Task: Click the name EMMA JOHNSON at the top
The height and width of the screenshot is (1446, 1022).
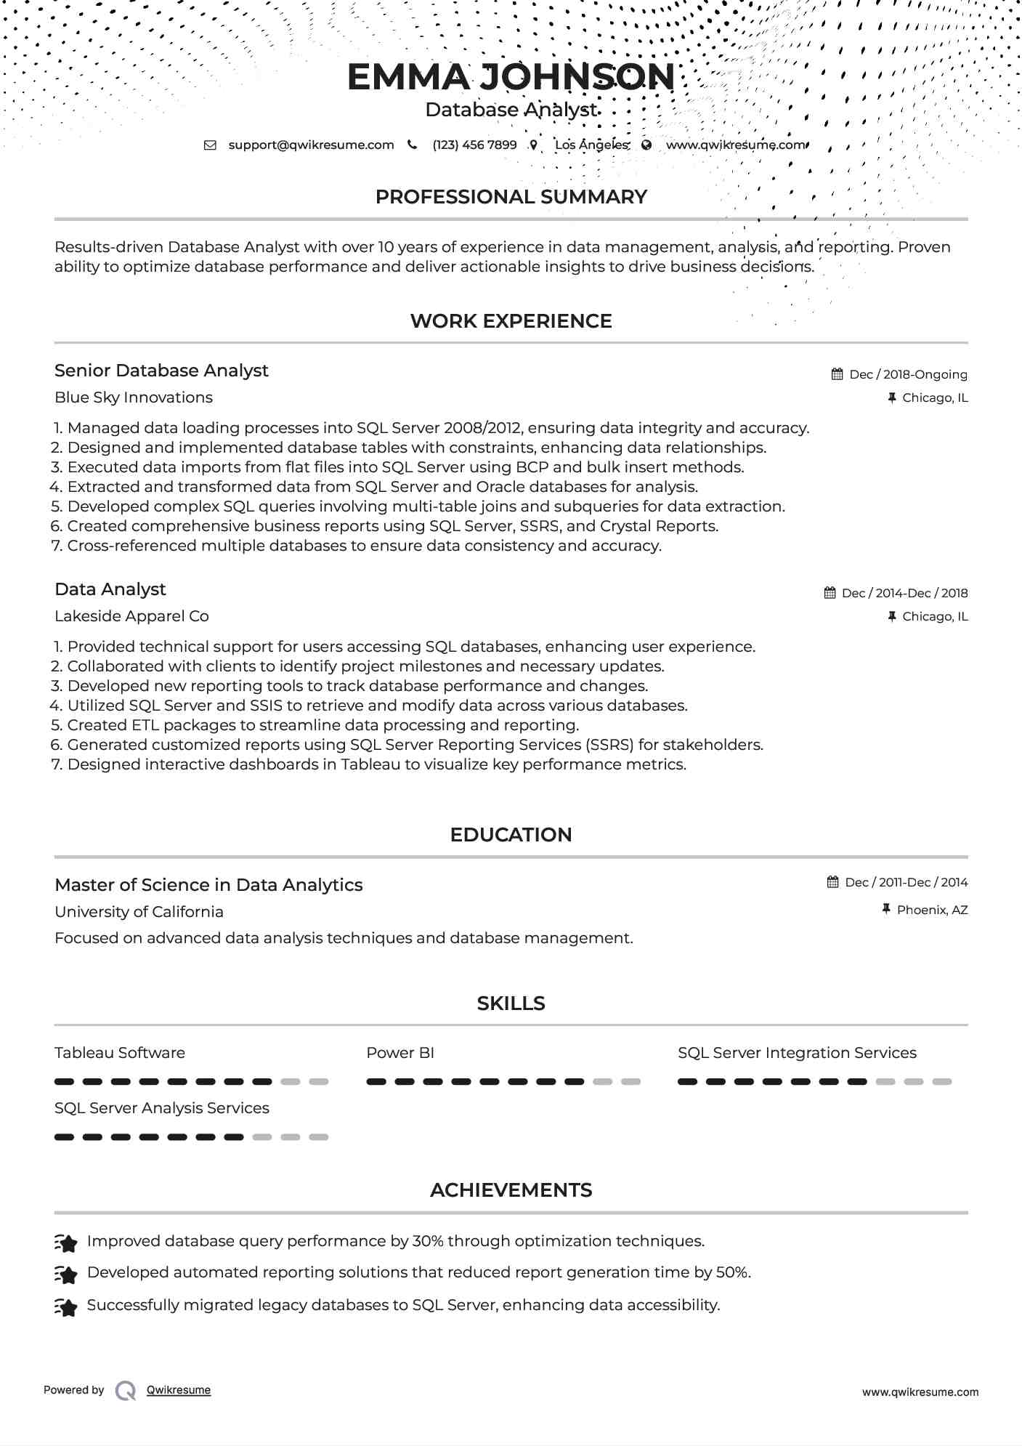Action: click(x=511, y=77)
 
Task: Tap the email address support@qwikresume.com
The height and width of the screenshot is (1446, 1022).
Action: click(x=311, y=145)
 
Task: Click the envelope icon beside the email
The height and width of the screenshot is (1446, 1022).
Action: click(x=210, y=145)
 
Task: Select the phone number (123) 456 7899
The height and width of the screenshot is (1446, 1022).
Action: click(x=474, y=145)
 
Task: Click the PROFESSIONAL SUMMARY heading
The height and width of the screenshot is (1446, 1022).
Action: click(x=511, y=197)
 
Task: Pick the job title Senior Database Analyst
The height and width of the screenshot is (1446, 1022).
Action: click(x=161, y=371)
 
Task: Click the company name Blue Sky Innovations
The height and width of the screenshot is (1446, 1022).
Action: click(x=134, y=397)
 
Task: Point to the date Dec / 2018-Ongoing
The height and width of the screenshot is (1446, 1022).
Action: click(x=908, y=375)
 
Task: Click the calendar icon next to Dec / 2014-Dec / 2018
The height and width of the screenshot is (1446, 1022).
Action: click(x=830, y=593)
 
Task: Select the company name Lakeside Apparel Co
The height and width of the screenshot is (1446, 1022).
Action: click(x=131, y=616)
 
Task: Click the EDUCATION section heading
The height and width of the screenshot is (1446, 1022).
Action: click(x=511, y=835)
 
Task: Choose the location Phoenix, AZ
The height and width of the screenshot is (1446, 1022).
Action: click(x=932, y=910)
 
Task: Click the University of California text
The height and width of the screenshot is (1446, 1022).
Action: click(x=139, y=912)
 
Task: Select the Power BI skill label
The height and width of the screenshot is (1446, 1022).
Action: click(x=400, y=1053)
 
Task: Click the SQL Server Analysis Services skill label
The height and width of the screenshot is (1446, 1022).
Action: click(x=161, y=1108)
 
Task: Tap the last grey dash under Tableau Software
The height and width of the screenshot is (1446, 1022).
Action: click(x=319, y=1082)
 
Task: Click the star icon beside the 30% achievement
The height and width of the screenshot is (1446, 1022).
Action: click(x=66, y=1243)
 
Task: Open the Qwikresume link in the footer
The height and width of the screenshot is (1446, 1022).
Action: click(x=179, y=1390)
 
